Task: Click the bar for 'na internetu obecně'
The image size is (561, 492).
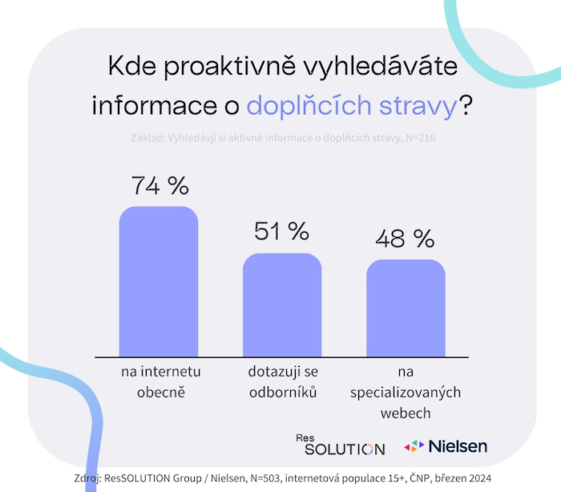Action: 159,281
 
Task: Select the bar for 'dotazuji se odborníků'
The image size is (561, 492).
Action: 282,305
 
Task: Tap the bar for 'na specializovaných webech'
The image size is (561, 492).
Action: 406,308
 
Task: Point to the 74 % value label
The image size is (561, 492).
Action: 159,186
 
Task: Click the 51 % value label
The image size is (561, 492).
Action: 281,231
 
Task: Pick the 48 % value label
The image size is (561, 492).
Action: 405,238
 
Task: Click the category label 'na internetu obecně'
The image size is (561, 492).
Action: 159,382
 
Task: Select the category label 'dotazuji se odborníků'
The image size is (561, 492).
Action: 282,382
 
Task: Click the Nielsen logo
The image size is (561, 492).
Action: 446,445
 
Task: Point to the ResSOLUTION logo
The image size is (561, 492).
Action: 340,445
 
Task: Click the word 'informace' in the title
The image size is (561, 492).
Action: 155,107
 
